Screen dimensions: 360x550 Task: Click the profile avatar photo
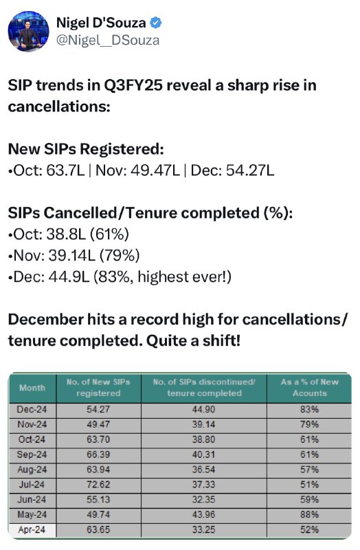[28, 31]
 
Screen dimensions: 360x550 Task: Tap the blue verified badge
[156, 23]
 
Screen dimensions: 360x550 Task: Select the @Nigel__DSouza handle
[108, 41]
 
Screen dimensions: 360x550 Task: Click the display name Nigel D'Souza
[101, 23]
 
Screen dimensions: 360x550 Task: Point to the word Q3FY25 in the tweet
[133, 85]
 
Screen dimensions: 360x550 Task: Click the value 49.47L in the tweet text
[155, 170]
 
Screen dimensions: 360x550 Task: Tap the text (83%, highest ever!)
[162, 277]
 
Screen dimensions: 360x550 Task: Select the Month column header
[32, 388]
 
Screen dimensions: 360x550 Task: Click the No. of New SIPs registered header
[98, 387]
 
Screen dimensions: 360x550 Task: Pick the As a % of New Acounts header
[310, 387]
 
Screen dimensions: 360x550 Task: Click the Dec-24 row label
[32, 409]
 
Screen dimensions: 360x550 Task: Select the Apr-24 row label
[32, 529]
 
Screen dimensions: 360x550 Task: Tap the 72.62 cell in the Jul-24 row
[98, 485]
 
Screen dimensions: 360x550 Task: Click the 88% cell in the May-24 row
[310, 514]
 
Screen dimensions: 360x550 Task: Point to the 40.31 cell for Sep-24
[203, 454]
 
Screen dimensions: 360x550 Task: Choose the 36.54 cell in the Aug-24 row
[203, 470]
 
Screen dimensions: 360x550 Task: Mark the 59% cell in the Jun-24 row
[310, 500]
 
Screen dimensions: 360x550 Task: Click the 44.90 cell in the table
[203, 409]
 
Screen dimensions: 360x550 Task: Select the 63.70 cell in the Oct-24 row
[98, 439]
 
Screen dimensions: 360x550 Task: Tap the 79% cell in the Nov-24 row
[310, 424]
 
